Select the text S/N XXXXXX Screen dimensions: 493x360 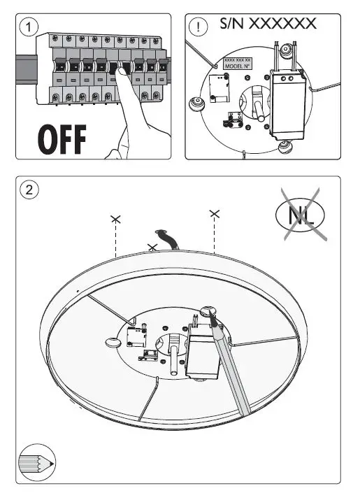click(268, 24)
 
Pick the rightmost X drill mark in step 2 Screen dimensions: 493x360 click(215, 211)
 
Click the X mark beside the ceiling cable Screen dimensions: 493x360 click(152, 247)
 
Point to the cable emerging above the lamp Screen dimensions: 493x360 click(167, 240)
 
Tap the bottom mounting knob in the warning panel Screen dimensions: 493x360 click(284, 146)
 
